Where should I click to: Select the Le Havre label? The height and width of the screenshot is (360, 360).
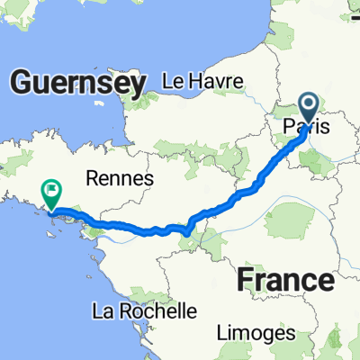tap(202, 81)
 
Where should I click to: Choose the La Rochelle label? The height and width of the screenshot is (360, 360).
tap(144, 311)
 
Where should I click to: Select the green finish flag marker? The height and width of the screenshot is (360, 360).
tap(51, 193)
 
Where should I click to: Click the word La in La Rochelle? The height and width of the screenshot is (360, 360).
tap(103, 311)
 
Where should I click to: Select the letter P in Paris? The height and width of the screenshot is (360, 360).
tap(287, 128)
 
